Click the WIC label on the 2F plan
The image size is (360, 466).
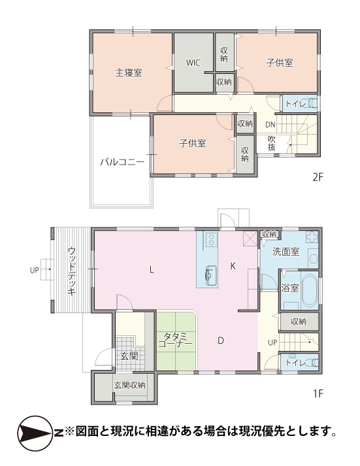tap(193, 63)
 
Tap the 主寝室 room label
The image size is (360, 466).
tap(129, 73)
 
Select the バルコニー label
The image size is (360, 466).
tap(122, 162)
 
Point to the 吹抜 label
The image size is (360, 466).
tap(272, 143)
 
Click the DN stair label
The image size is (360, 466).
tap(270, 125)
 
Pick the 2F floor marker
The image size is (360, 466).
tap(318, 177)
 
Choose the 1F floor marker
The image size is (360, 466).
tap(318, 393)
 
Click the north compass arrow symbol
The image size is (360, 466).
tap(35, 433)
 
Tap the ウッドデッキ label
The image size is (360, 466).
tap(72, 271)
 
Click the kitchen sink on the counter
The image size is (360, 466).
tap(210, 275)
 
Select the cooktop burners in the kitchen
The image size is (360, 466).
tap(211, 240)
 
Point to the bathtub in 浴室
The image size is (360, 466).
tap(310, 290)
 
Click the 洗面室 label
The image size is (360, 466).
tap(286, 252)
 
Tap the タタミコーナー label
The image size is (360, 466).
tap(176, 340)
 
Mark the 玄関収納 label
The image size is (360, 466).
tap(130, 385)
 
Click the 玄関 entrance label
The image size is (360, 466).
tap(129, 356)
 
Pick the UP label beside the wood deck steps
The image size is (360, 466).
tap(35, 270)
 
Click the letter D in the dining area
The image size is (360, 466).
tap(221, 341)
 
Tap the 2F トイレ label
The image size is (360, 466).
tap(295, 104)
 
